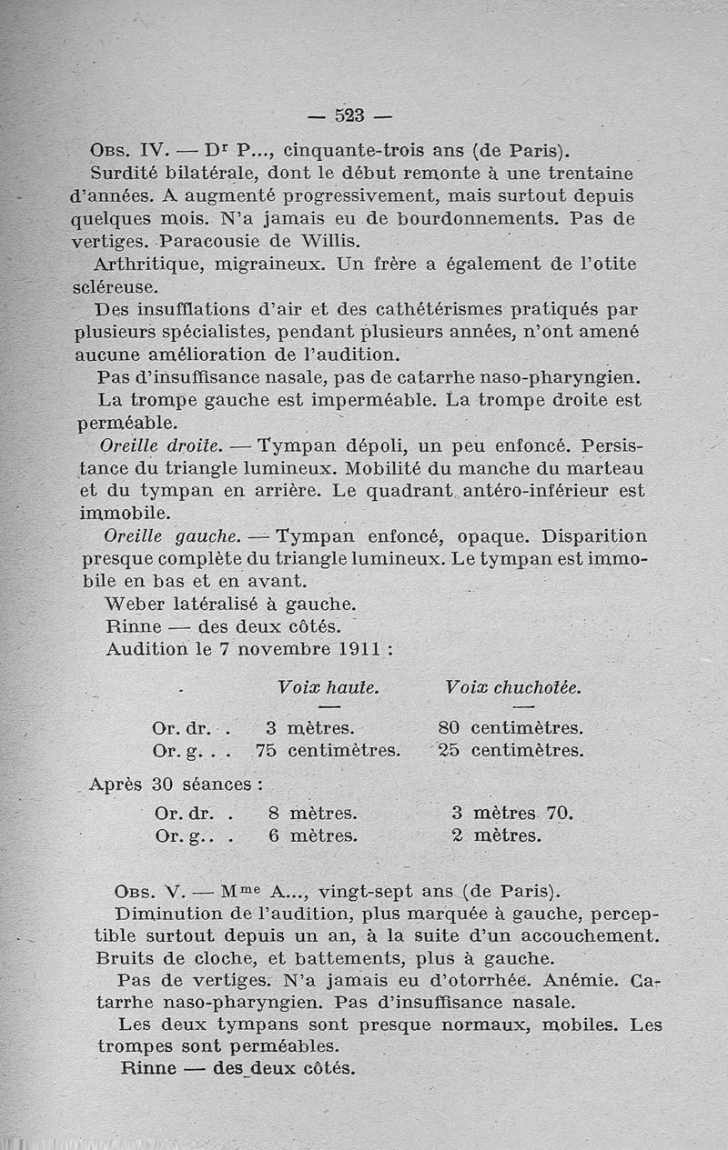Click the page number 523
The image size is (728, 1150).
point(349,115)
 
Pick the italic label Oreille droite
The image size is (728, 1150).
point(163,445)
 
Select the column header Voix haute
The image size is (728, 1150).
point(329,688)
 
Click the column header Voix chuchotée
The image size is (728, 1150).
point(513,688)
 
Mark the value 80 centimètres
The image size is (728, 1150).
point(510,727)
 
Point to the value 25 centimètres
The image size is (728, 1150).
point(510,750)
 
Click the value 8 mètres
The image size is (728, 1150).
point(312,813)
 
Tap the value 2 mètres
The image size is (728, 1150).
point(495,835)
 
